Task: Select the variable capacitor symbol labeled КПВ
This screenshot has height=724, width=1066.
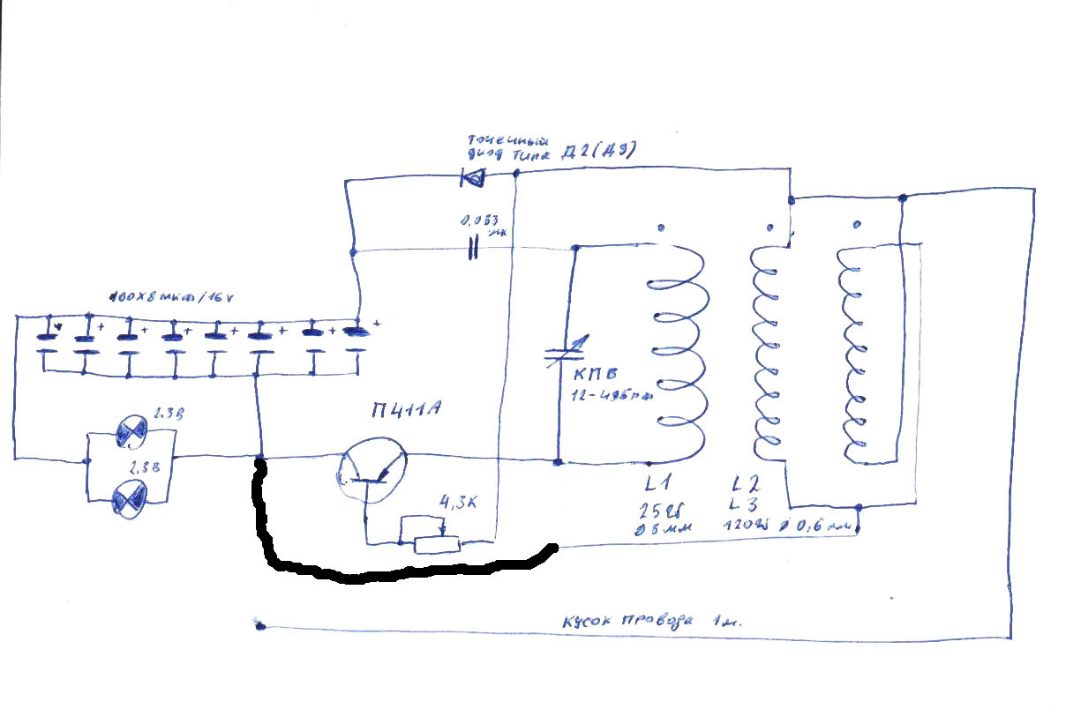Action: (558, 355)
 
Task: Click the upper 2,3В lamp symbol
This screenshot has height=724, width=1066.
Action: (133, 431)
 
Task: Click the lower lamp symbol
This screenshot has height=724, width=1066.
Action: (131, 501)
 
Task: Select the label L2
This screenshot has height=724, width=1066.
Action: (744, 483)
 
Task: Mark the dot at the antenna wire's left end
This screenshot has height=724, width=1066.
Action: (260, 626)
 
